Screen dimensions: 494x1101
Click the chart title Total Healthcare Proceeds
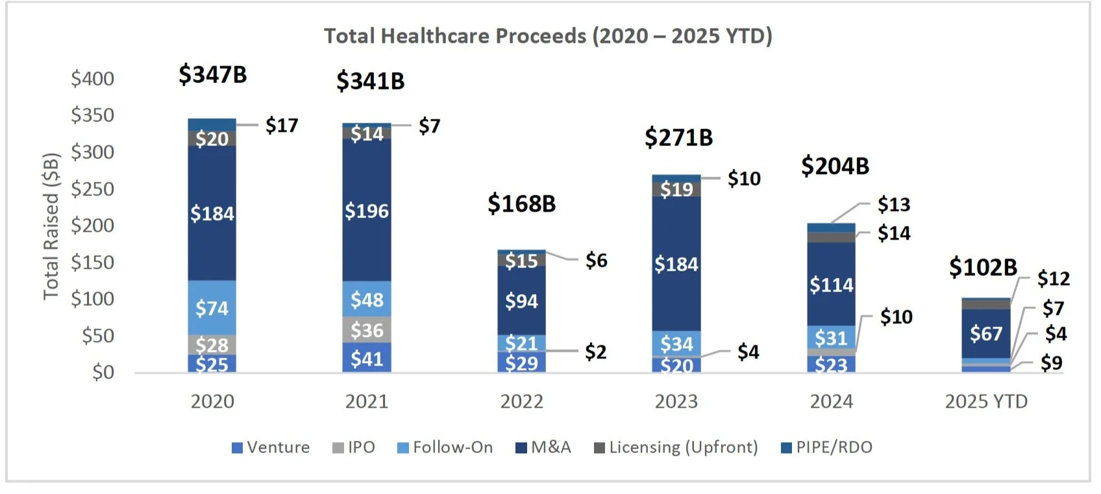tap(548, 36)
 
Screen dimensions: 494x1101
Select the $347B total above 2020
tap(213, 75)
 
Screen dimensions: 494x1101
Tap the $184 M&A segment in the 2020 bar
tap(212, 213)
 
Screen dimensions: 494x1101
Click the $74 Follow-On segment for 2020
tap(212, 308)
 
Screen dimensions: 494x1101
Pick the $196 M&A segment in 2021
tap(367, 210)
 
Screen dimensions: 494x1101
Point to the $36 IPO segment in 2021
tap(367, 330)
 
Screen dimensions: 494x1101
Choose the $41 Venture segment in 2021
tap(367, 358)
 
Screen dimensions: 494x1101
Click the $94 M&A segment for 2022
tap(522, 301)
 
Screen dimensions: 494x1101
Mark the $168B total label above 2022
tap(522, 204)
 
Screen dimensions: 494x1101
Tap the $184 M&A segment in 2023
tap(676, 264)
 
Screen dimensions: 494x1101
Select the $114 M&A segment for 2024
tap(832, 285)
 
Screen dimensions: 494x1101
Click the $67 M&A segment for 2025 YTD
tap(986, 334)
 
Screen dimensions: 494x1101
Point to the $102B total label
tap(983, 267)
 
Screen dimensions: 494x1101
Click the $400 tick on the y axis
tap(92, 79)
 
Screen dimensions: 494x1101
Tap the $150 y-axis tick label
tap(92, 262)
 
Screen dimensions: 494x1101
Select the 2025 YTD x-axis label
tap(986, 402)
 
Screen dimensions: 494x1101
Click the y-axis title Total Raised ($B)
tap(51, 226)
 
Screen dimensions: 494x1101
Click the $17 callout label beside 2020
tap(282, 125)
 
